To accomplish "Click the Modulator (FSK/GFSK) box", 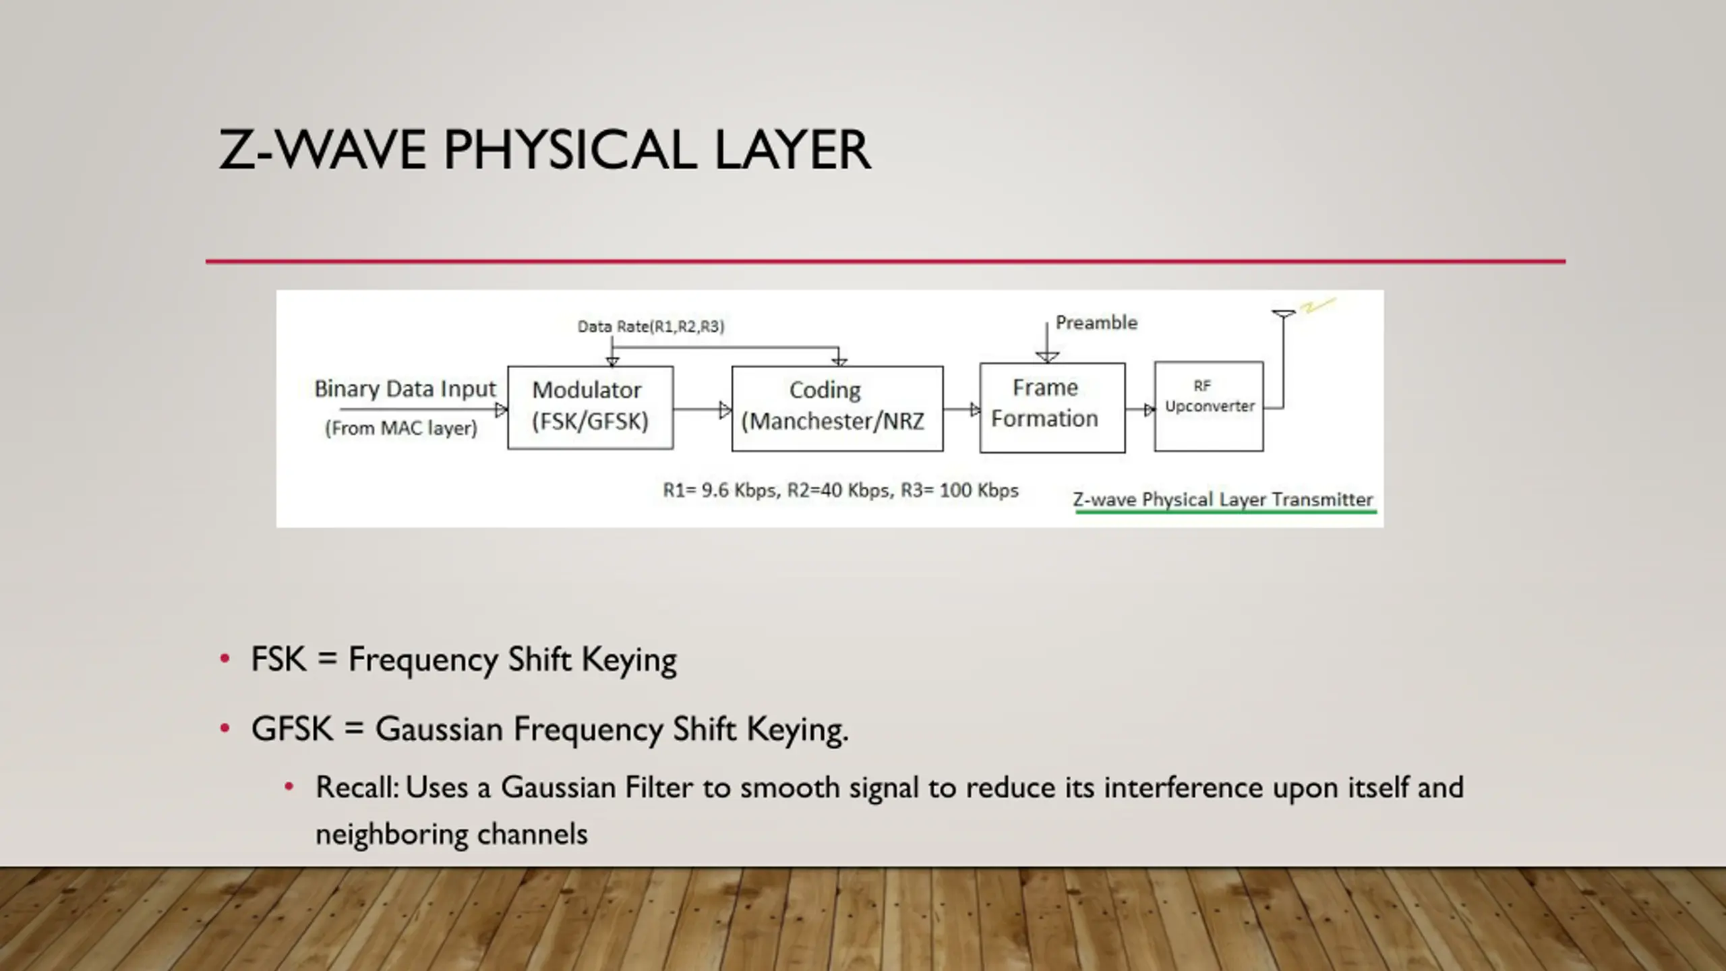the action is tap(590, 407).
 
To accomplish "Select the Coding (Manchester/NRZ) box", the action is tap(837, 407).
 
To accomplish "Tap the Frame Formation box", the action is tap(1052, 407).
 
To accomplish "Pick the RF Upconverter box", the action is tap(1208, 406).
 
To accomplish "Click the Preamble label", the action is tap(1096, 323).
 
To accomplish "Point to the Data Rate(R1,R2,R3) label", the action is tap(651, 327).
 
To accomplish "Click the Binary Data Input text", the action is tap(405, 389).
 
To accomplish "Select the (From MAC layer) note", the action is tap(401, 428).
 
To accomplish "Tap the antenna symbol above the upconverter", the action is tap(1283, 314).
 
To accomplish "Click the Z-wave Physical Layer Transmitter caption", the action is tap(1222, 500).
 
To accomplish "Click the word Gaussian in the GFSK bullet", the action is tap(439, 730).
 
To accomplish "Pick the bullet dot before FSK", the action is tap(225, 658).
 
